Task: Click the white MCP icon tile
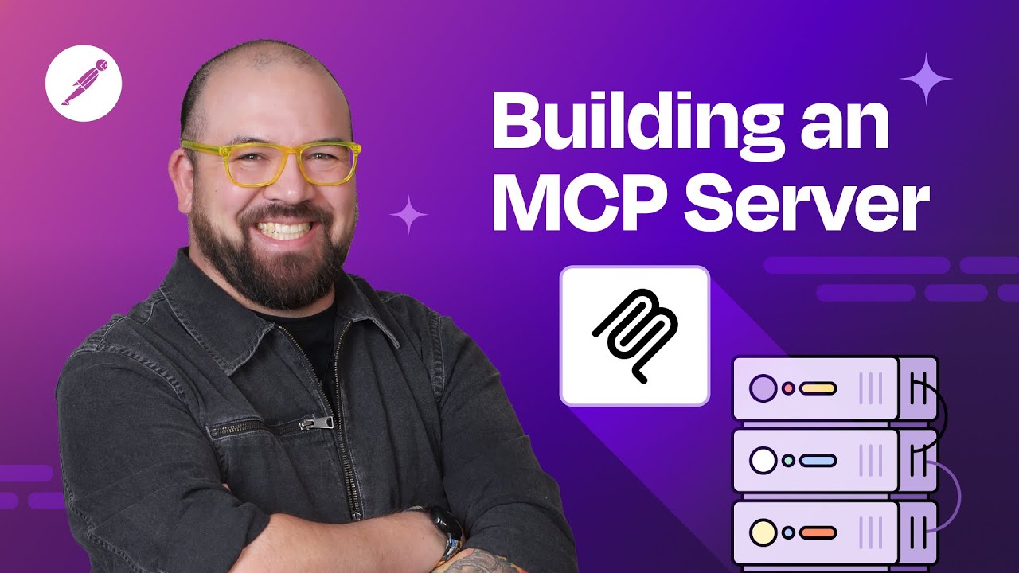tap(634, 336)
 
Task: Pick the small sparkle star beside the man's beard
tap(408, 214)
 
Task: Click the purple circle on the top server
tap(763, 388)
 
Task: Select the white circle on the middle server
tap(763, 460)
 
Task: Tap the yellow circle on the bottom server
tap(763, 532)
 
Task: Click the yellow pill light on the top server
tap(818, 388)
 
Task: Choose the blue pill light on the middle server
tap(818, 460)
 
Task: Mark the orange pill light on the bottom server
tap(818, 532)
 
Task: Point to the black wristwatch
tap(445, 528)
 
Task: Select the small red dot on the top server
tap(788, 388)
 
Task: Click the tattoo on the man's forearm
tap(477, 562)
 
